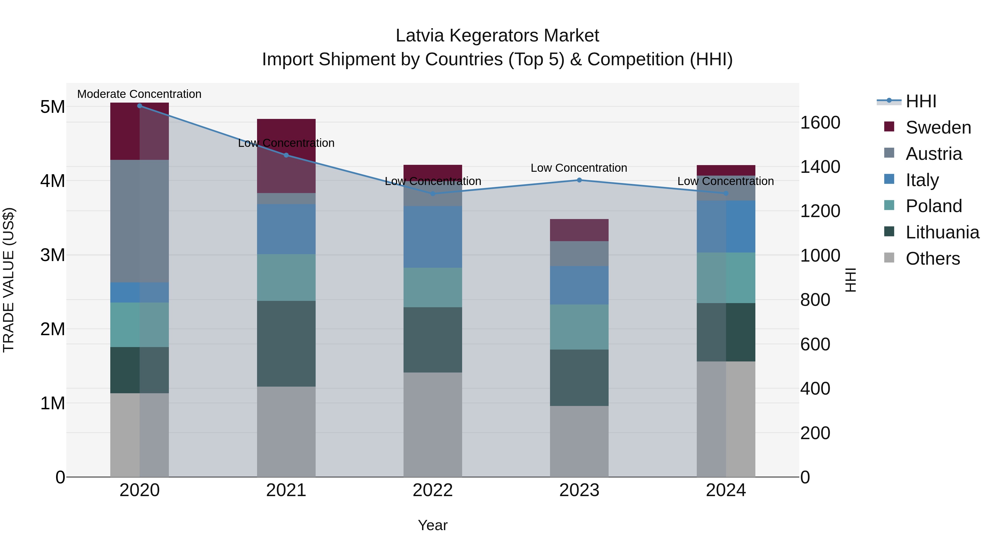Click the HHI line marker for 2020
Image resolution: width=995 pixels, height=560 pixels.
click(140, 106)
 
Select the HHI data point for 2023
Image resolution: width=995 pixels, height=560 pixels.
click(579, 180)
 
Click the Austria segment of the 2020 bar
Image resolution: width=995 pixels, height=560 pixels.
click(140, 221)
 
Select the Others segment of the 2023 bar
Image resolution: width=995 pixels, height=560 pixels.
click(579, 441)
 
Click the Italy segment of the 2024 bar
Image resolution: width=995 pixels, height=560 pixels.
click(726, 226)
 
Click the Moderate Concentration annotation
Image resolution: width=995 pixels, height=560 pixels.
click(140, 94)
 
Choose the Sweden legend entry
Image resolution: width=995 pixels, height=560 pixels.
click(938, 127)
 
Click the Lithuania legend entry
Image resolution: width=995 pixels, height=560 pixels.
click(942, 232)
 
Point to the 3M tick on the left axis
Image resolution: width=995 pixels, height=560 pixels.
click(53, 255)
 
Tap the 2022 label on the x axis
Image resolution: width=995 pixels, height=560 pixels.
click(433, 490)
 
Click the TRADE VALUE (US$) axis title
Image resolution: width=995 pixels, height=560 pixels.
click(9, 280)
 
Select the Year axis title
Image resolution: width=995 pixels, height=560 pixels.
click(433, 525)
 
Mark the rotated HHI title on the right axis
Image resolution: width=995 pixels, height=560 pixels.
click(850, 280)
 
